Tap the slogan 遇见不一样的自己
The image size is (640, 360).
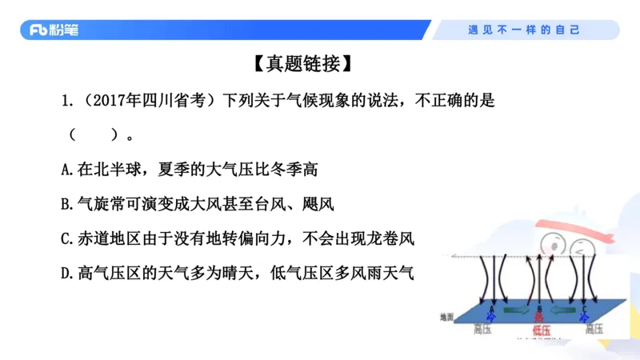point(524,30)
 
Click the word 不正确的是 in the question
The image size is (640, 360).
point(459,102)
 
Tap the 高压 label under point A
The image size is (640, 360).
point(483,329)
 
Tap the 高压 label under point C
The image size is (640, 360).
point(593,329)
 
